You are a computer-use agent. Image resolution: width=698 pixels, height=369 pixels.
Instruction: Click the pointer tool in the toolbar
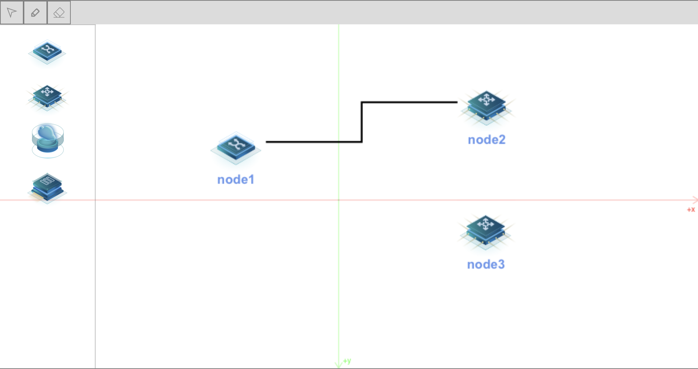click(x=12, y=13)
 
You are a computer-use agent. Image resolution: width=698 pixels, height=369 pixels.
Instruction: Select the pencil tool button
click(x=35, y=13)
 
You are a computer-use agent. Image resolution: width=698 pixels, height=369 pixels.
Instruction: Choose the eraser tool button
click(x=59, y=13)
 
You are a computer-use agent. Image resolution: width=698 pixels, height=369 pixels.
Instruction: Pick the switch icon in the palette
click(x=47, y=52)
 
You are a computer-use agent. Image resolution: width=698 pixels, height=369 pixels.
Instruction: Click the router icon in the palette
click(x=47, y=97)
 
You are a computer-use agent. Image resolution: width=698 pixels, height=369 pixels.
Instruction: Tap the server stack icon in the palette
click(x=47, y=187)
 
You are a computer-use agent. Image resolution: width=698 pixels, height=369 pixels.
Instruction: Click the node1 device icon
click(x=236, y=148)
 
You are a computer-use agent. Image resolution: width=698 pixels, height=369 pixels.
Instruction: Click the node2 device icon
click(x=486, y=106)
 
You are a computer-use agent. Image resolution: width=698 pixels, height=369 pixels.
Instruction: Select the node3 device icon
click(x=485, y=231)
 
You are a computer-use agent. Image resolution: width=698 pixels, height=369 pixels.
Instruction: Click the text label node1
click(x=236, y=180)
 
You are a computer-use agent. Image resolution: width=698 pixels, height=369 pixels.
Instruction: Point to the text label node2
click(x=486, y=140)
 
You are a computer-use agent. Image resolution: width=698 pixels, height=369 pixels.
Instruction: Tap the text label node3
click(x=486, y=265)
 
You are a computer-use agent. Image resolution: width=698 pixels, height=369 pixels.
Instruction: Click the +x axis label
click(x=691, y=210)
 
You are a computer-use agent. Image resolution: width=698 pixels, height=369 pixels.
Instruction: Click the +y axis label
click(x=347, y=361)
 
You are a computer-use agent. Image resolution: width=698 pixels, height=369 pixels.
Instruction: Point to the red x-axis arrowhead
click(x=695, y=200)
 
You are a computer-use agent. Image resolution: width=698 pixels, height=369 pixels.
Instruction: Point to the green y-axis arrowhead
click(x=339, y=365)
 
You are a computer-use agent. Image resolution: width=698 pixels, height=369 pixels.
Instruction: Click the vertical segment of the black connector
click(x=362, y=122)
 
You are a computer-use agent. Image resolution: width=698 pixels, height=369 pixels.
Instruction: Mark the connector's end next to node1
click(x=267, y=142)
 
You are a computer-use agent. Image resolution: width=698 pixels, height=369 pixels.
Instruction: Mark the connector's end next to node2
click(x=457, y=102)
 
